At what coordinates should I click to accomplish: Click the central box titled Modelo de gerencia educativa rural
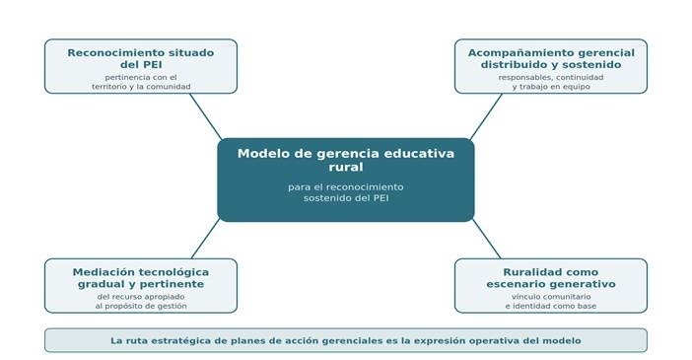[346, 180]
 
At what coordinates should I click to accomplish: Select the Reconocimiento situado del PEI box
[141, 66]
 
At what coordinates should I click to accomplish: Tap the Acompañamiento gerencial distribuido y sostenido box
[551, 66]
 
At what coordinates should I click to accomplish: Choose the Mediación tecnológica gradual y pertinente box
[141, 286]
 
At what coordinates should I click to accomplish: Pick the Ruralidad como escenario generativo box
[551, 286]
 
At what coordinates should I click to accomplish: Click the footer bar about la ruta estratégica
[346, 340]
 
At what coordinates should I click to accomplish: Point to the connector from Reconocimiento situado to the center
[206, 116]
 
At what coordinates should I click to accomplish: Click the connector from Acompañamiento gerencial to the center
[486, 116]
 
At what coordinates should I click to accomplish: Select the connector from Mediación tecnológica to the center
[206, 239]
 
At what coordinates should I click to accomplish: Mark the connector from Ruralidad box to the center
[486, 239]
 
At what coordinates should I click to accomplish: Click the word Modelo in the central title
[257, 153]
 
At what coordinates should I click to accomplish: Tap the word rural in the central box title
[346, 167]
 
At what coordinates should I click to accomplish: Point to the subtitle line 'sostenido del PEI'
[346, 198]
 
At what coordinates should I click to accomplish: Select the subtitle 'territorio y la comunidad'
[141, 87]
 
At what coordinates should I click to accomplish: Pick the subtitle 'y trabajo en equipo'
[551, 87]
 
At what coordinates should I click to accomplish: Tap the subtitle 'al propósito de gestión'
[141, 306]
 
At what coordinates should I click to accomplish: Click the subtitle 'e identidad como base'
[551, 306]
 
